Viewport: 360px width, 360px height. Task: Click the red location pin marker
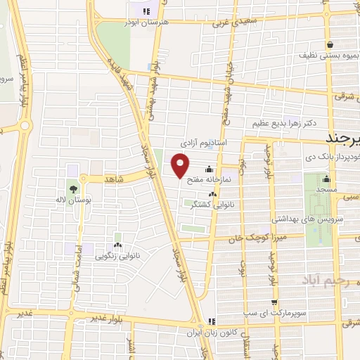coord(181,166)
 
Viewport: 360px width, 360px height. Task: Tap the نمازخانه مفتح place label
coord(221,180)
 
